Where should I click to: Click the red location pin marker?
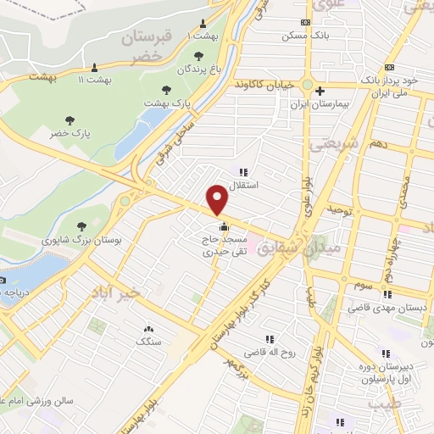tap(218, 200)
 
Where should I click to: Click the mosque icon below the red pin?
tap(224, 226)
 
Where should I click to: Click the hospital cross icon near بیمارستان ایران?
tap(320, 92)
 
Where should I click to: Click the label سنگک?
tap(150, 341)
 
